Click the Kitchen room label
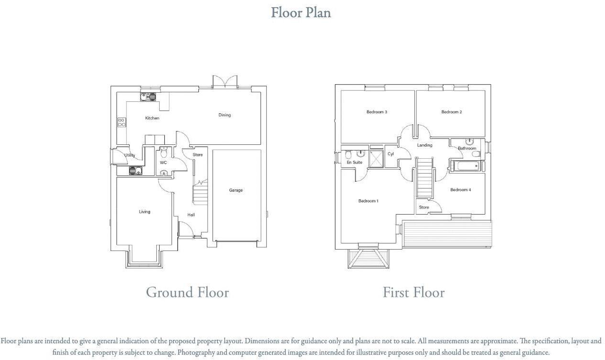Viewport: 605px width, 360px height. tap(152, 118)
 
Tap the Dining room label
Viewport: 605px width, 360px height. tap(225, 115)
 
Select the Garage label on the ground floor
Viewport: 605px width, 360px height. tap(236, 190)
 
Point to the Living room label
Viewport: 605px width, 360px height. tap(144, 212)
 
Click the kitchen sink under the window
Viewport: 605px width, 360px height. tap(148, 97)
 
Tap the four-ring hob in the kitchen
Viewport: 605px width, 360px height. tap(121, 122)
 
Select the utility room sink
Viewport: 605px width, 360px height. tap(135, 171)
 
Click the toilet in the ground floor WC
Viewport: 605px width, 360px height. tap(163, 153)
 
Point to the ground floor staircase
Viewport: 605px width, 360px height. tap(200, 193)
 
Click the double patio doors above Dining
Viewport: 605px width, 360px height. tap(225, 81)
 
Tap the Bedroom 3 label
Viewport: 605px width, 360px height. tap(377, 112)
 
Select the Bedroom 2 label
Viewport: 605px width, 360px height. tap(451, 112)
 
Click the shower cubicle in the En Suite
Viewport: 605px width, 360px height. tap(377, 158)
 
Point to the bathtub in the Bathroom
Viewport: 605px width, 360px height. tap(465, 167)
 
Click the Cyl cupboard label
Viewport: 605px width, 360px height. tap(390, 154)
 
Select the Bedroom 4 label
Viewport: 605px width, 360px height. tap(460, 190)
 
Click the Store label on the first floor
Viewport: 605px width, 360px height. tap(423, 207)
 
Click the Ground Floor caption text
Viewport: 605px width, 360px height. tap(187, 292)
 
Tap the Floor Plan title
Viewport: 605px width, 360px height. tap(301, 12)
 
